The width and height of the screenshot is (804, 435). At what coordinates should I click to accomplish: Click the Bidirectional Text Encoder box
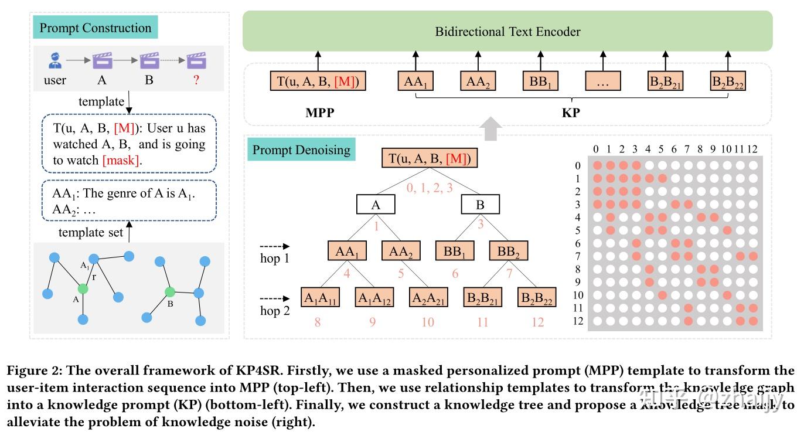[507, 31]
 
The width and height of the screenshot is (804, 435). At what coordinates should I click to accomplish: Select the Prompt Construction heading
[95, 28]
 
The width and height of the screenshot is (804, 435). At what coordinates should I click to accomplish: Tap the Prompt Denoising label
[301, 150]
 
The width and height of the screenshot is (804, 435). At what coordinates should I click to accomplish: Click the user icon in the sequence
[55, 60]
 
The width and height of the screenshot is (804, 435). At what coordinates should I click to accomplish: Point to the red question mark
[196, 80]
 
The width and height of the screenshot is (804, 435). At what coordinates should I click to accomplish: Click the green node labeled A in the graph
[83, 288]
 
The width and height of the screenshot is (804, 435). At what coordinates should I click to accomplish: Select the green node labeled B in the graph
[170, 291]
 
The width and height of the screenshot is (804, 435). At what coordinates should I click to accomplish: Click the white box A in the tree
[376, 204]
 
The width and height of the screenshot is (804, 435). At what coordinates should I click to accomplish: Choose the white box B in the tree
[480, 204]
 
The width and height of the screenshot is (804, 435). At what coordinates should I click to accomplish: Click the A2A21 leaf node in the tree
[428, 297]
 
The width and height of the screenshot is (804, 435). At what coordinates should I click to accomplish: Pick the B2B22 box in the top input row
[727, 81]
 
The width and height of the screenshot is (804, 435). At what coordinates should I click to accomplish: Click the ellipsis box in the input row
[603, 81]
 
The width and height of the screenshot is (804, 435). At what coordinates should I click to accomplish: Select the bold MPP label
[320, 113]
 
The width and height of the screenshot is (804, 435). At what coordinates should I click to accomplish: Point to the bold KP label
[571, 113]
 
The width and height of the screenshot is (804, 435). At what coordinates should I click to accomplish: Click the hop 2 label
[275, 311]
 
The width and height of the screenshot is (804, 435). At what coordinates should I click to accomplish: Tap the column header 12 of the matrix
[753, 149]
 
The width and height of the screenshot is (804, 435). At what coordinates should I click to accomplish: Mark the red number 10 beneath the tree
[427, 322]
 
